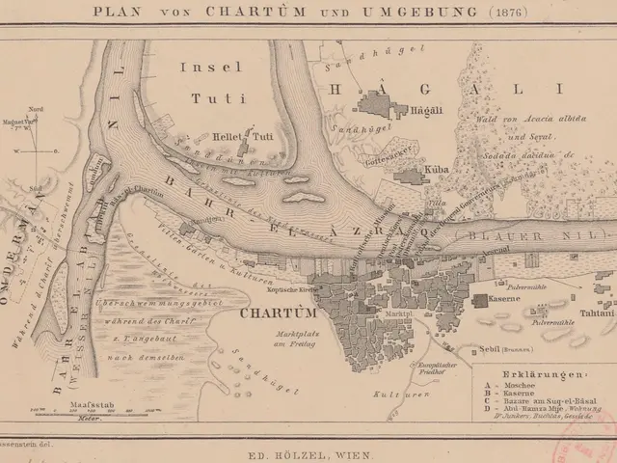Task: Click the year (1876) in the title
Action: [450, 14]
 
